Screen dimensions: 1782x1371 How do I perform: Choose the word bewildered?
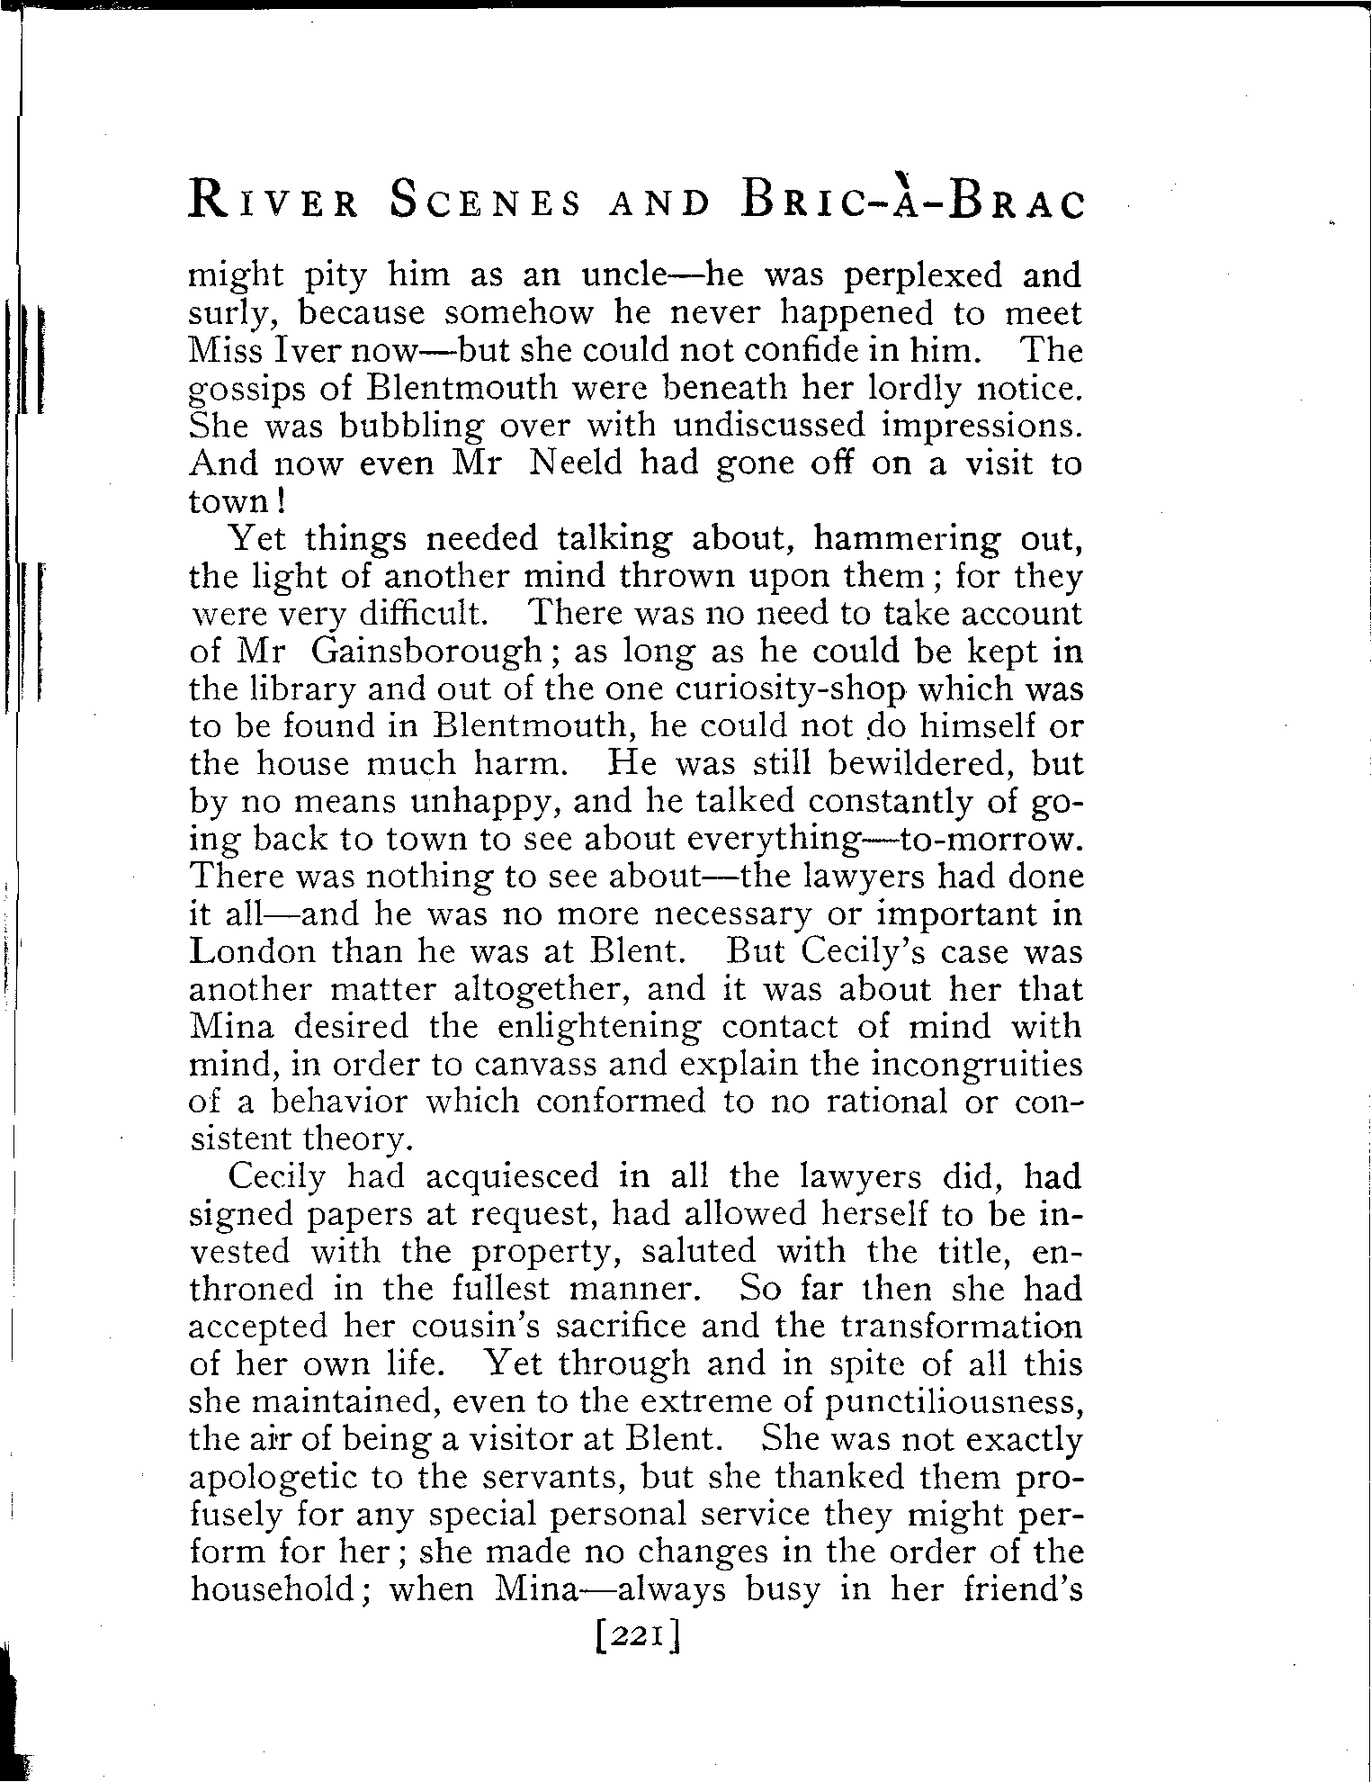click(925, 763)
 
